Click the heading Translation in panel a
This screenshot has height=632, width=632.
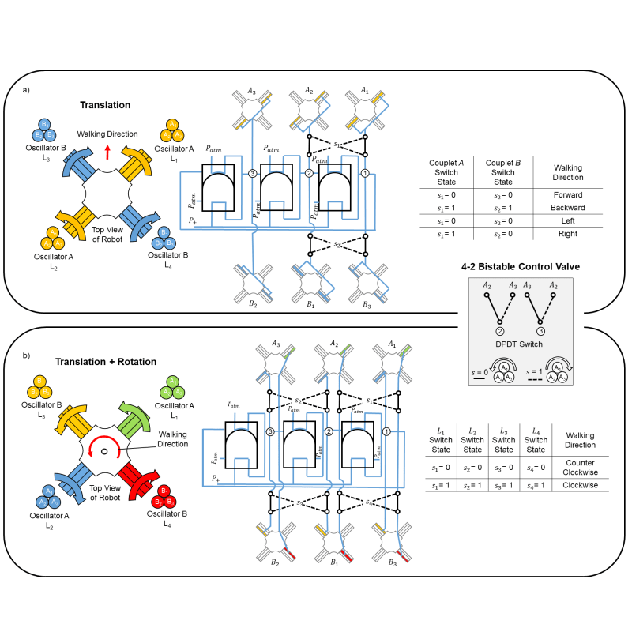tap(105, 104)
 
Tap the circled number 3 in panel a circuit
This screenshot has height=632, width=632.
tap(252, 173)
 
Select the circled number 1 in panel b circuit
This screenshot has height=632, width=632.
tap(386, 431)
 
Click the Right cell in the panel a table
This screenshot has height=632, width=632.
tap(567, 233)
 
